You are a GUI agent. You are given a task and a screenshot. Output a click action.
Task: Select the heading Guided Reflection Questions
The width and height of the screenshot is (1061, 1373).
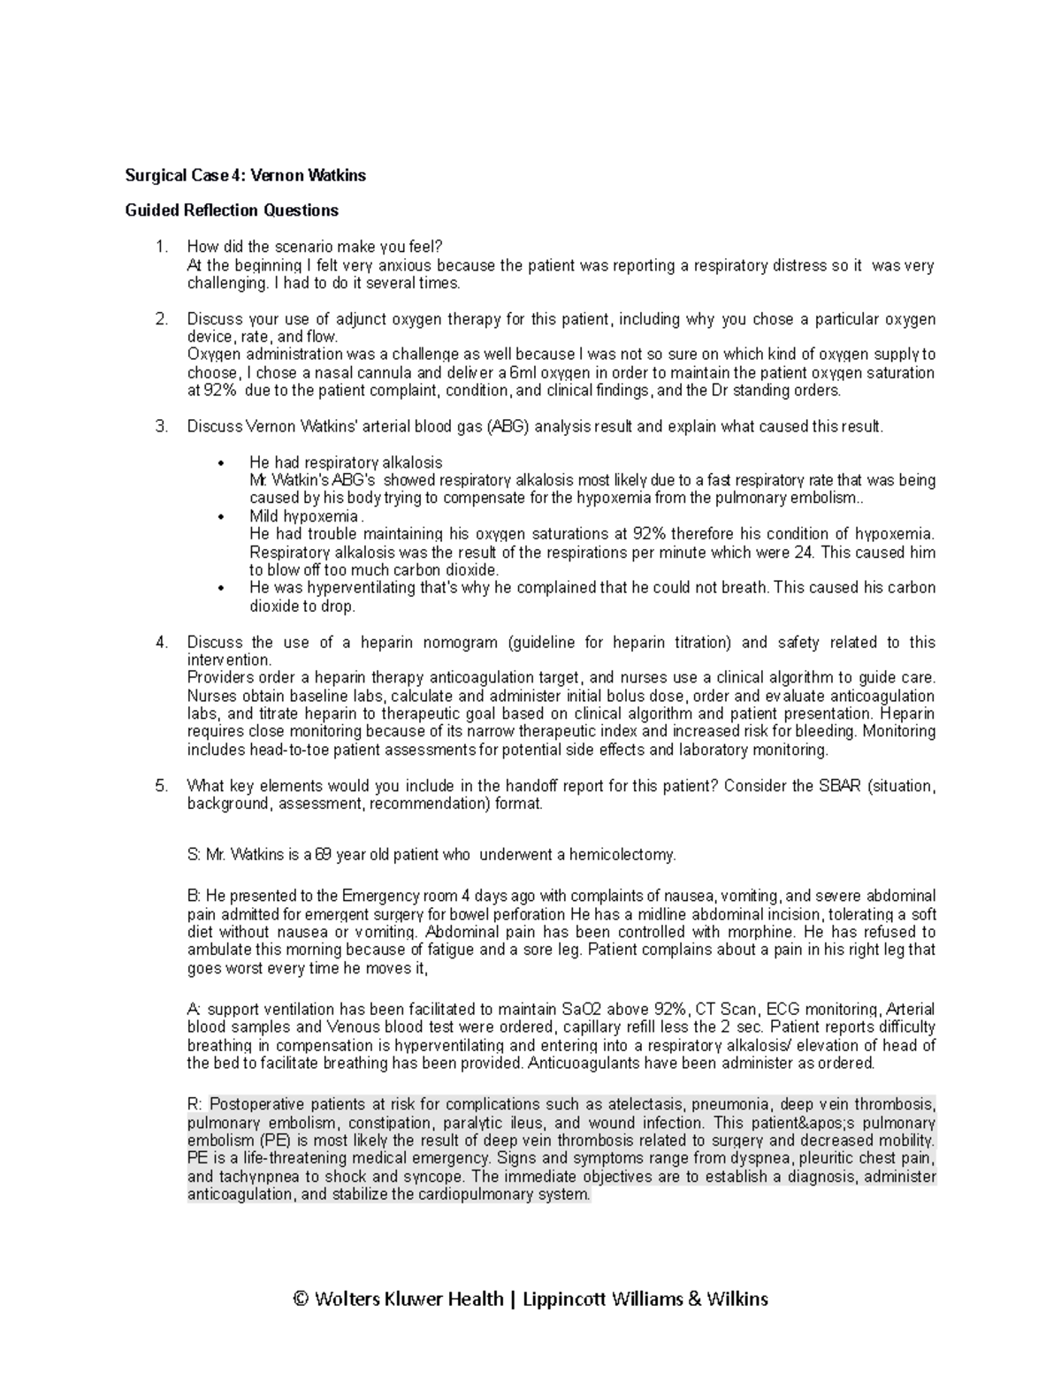click(x=232, y=210)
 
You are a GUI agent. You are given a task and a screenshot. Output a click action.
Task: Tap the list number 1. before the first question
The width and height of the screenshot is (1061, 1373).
click(x=161, y=247)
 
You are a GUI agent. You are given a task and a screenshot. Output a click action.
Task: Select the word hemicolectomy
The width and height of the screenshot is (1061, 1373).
click(x=621, y=855)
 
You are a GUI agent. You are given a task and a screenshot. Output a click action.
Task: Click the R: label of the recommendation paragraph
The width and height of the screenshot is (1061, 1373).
click(x=195, y=1104)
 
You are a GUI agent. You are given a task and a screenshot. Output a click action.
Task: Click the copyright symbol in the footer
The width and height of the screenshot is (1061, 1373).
click(x=301, y=1299)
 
